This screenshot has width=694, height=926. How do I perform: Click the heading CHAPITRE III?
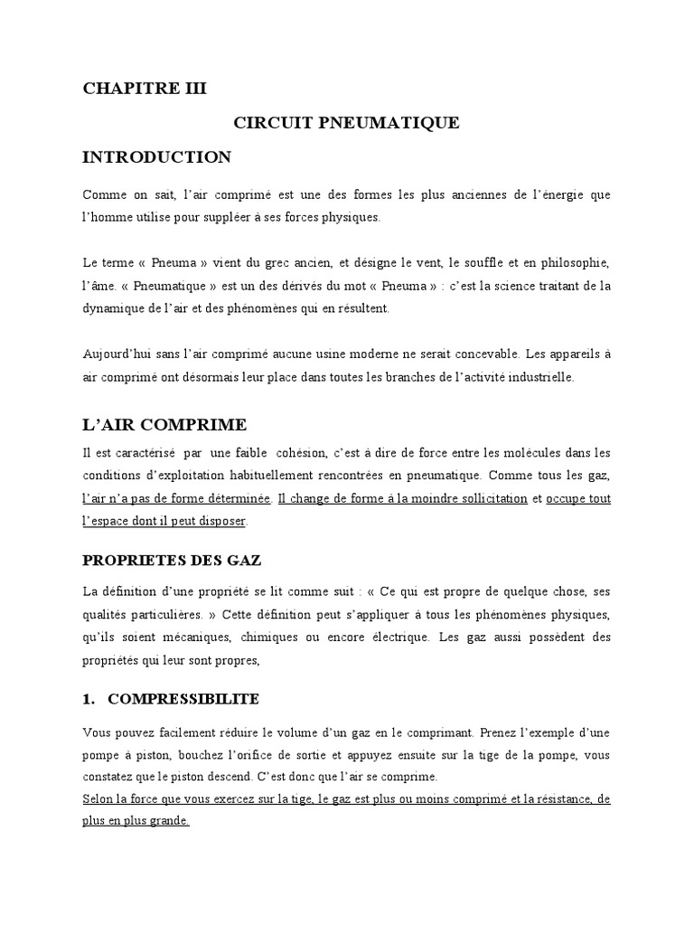tap(145, 88)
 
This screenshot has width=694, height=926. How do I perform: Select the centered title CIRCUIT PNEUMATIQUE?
tap(347, 123)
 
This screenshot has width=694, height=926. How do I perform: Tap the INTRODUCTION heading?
tap(157, 157)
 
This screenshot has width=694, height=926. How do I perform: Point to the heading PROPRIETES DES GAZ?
tap(172, 560)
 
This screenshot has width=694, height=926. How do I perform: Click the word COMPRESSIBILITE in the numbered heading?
tap(183, 699)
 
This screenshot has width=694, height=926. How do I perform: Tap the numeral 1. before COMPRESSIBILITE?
tap(89, 699)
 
